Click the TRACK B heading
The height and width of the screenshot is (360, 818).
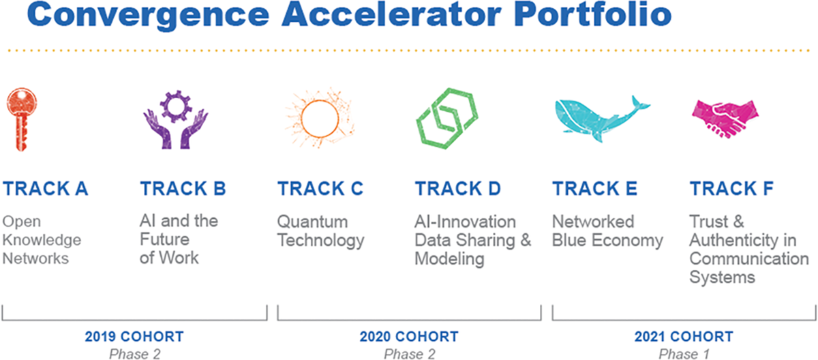click(183, 188)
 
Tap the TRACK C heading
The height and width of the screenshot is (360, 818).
click(320, 188)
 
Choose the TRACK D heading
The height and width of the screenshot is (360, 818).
click(458, 188)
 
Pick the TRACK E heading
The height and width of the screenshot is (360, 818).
click(594, 188)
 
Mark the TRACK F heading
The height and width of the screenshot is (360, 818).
click(731, 188)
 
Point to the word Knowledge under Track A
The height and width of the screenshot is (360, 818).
click(42, 240)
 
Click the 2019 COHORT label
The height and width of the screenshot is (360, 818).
click(134, 337)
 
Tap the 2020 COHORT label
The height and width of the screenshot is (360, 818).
click(409, 337)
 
